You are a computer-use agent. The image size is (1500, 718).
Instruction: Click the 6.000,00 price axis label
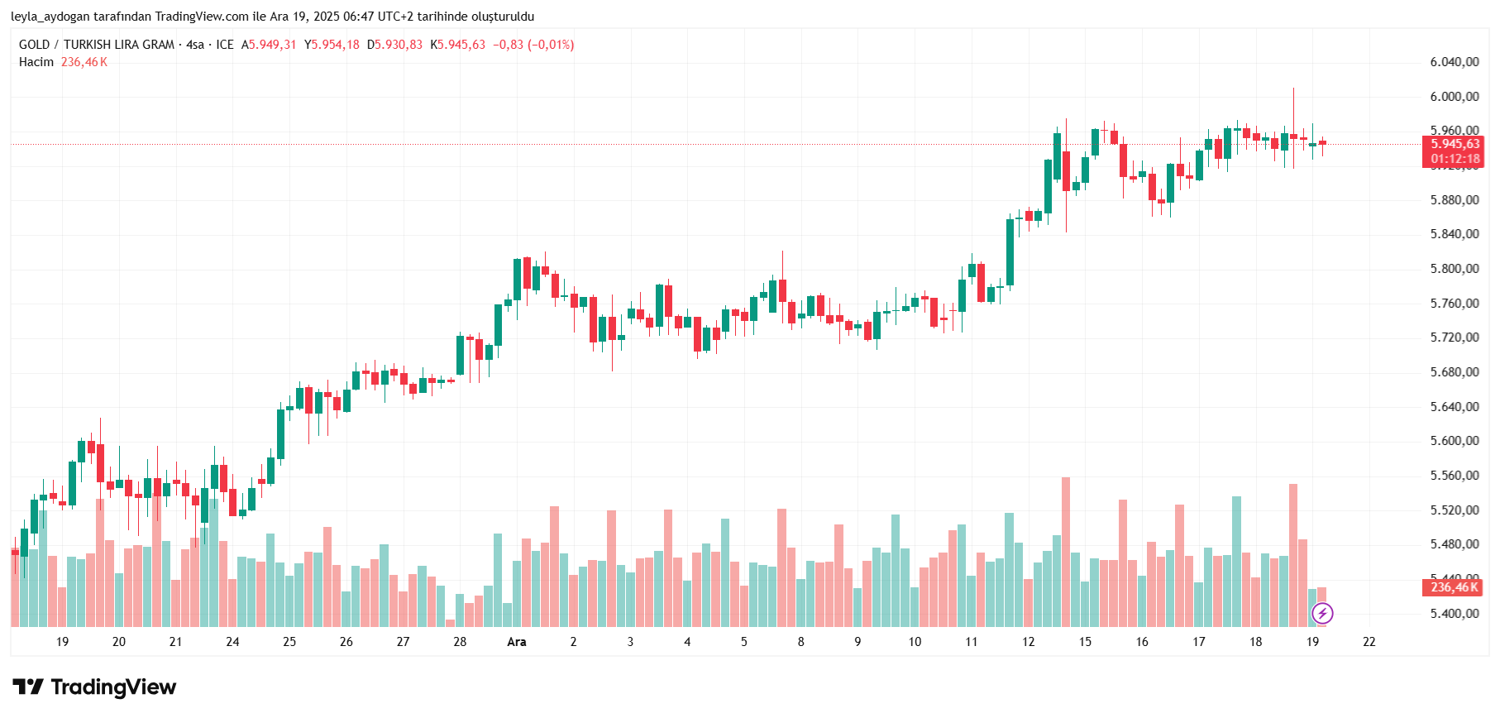click(x=1455, y=97)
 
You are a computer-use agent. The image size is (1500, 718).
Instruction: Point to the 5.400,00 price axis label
click(x=1455, y=614)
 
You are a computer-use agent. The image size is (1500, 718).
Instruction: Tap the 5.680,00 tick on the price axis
click(x=1455, y=372)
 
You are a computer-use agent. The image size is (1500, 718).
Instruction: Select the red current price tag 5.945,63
click(x=1455, y=144)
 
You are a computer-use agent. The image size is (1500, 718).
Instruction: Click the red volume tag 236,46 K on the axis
click(x=1455, y=587)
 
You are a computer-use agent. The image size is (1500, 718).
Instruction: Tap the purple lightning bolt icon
click(x=1322, y=613)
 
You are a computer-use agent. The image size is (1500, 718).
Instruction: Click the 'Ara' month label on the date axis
click(x=517, y=642)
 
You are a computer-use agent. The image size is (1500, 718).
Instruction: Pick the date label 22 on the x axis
click(x=1369, y=642)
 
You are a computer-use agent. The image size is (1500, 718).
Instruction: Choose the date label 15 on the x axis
click(x=1085, y=642)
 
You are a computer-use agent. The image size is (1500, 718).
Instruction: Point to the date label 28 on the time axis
click(x=460, y=642)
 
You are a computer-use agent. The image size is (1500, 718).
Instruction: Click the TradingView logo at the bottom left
click(x=94, y=687)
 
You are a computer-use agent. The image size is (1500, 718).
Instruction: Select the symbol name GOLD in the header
click(x=35, y=45)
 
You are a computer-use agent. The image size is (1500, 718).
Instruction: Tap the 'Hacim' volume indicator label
click(x=36, y=62)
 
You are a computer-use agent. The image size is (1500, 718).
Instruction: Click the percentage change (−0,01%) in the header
click(x=551, y=45)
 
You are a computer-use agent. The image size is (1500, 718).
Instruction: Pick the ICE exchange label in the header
click(x=225, y=45)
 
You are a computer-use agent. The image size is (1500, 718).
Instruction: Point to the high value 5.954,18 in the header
click(x=335, y=45)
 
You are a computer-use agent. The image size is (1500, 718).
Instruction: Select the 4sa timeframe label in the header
click(x=195, y=45)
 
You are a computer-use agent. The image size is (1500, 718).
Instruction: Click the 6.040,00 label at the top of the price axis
click(x=1455, y=62)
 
